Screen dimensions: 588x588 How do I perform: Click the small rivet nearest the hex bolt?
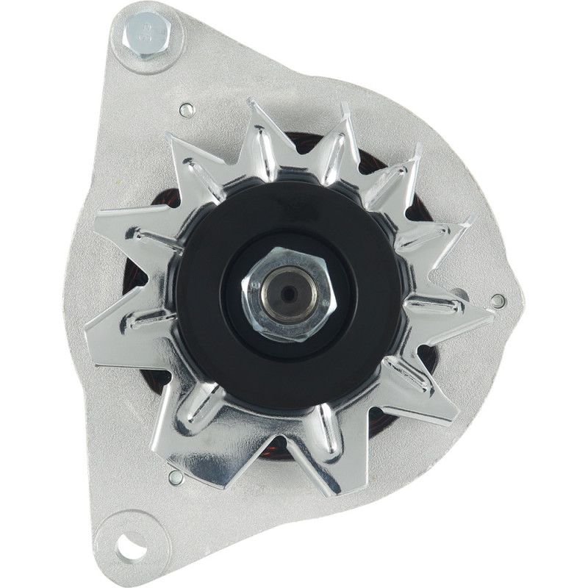[x=186, y=110]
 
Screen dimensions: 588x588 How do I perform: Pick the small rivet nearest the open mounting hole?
[x=176, y=477]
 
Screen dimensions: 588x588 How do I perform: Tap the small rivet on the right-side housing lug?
[x=498, y=301]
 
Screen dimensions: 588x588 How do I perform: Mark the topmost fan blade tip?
[x=253, y=103]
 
